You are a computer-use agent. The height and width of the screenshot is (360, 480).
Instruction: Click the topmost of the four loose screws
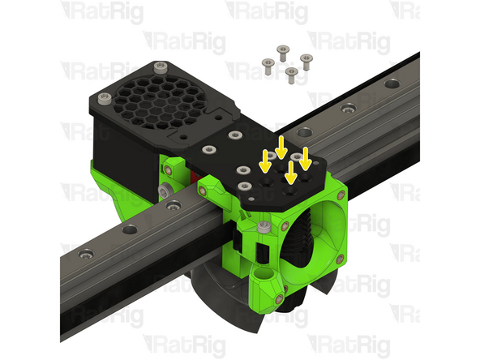[283, 53]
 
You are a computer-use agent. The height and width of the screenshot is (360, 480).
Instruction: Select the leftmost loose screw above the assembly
[268, 66]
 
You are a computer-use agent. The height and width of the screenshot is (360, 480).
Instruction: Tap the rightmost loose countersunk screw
[306, 62]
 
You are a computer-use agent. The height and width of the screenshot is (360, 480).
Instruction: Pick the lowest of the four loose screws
[291, 75]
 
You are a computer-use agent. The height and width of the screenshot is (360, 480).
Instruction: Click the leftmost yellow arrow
[265, 161]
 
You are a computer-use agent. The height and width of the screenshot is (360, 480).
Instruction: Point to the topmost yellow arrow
[281, 148]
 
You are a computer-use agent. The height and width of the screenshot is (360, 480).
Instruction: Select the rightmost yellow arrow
[305, 158]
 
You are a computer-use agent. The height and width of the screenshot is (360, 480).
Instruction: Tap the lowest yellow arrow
[291, 173]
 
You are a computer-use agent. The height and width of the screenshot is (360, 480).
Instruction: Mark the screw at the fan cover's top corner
[161, 67]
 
